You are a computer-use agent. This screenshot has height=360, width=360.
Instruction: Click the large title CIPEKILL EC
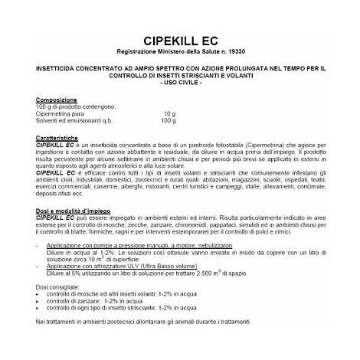point(180,40)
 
